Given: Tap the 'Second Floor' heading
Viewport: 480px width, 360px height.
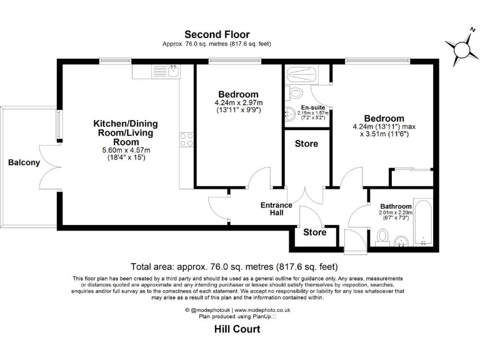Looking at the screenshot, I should (x=217, y=34).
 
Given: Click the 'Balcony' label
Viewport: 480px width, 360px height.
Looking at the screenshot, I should (x=24, y=163).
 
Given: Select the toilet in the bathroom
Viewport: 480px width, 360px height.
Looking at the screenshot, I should (x=383, y=236).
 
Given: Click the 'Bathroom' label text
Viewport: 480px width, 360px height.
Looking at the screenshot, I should (x=396, y=206).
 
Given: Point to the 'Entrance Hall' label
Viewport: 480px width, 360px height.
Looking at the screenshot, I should (x=276, y=209).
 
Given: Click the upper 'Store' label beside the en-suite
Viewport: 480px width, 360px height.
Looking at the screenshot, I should (x=306, y=144).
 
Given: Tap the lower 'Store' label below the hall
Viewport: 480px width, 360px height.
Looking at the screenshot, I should (x=315, y=232).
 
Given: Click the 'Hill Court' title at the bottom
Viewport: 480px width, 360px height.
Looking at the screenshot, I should (x=237, y=329).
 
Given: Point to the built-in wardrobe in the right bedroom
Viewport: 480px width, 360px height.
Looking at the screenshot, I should (x=411, y=177).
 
